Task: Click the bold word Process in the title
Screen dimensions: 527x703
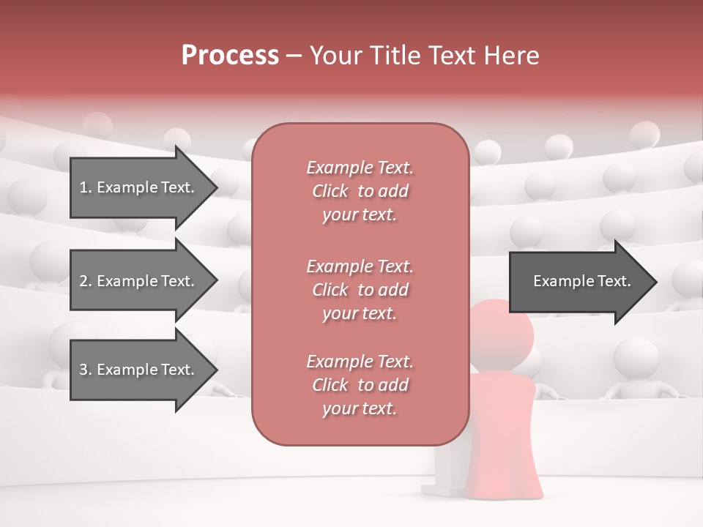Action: (x=230, y=56)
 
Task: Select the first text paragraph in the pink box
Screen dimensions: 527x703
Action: (x=360, y=191)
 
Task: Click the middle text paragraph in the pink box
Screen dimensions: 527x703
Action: (x=360, y=290)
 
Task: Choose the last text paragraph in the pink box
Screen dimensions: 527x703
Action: (x=360, y=385)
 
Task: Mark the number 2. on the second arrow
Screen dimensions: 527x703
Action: (x=86, y=281)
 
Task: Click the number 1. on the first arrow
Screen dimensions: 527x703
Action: (x=86, y=187)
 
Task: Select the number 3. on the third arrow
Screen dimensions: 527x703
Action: (x=86, y=370)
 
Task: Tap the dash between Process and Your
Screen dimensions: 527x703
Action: (x=294, y=56)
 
